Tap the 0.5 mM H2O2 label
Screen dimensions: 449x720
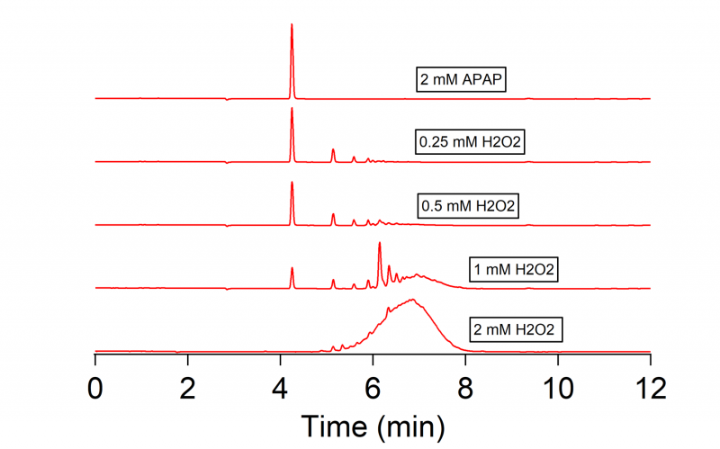point(471,206)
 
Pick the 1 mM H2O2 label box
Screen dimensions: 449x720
point(512,269)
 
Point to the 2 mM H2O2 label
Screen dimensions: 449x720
point(517,330)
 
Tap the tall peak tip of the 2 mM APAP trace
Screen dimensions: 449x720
point(292,25)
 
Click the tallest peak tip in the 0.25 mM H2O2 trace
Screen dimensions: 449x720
point(292,109)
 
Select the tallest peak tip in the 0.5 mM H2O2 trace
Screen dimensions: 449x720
point(292,183)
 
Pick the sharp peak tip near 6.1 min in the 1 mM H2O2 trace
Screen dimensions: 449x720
point(380,244)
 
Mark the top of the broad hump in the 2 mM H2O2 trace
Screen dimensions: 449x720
point(412,300)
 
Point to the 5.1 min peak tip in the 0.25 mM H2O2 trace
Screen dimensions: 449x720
point(333,149)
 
